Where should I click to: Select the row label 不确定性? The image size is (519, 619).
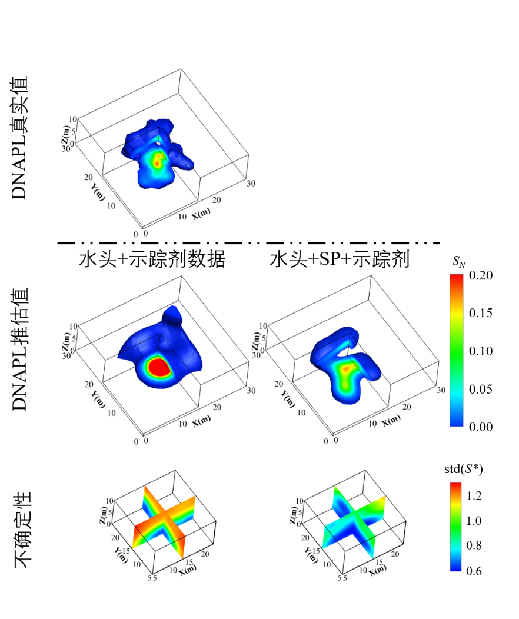pos(22,530)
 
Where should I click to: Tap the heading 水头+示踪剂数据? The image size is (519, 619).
pos(152,259)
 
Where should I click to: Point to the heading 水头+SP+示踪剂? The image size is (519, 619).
pos(340,259)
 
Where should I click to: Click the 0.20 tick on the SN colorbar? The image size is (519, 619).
pos(481,275)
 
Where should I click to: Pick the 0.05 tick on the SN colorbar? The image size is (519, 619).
pos(481,390)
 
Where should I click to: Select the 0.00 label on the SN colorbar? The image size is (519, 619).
pos(481,427)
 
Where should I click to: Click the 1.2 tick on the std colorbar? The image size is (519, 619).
pos(474,496)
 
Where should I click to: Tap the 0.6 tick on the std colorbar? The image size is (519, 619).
pos(474,571)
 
